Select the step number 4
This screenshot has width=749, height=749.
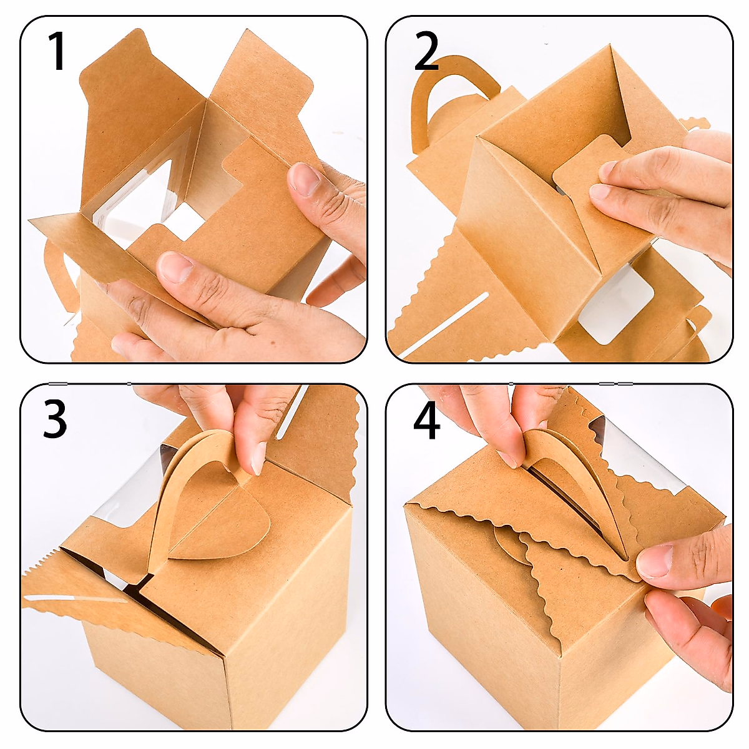pos(427,421)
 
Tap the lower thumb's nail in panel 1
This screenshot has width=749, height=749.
pos(175,267)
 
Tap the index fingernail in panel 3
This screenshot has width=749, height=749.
pos(258,458)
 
